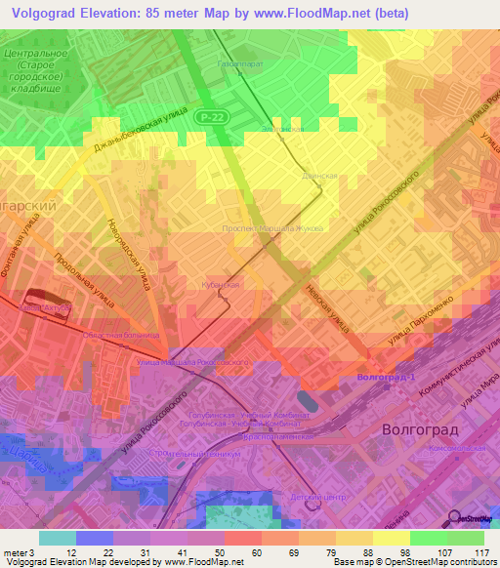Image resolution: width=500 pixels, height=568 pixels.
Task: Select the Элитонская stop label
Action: (282, 129)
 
